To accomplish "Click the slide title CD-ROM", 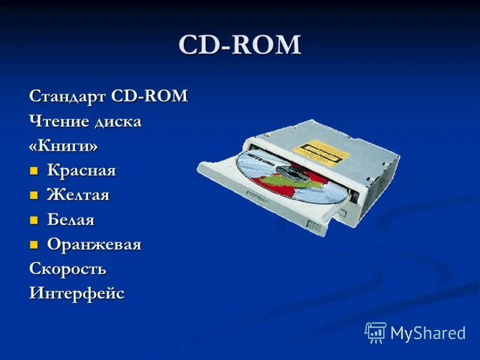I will (240, 46).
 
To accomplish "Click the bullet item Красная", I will (82, 171).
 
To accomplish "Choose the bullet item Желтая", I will (79, 195).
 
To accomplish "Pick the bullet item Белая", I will (71, 220).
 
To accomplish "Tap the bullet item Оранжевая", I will (94, 245).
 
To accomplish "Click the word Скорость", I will (68, 269).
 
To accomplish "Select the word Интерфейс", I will (77, 294).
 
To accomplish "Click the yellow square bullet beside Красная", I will (34, 171).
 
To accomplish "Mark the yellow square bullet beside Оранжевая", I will (34, 244).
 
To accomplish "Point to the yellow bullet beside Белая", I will (34, 220).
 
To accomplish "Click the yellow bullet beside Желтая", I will (34, 195).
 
